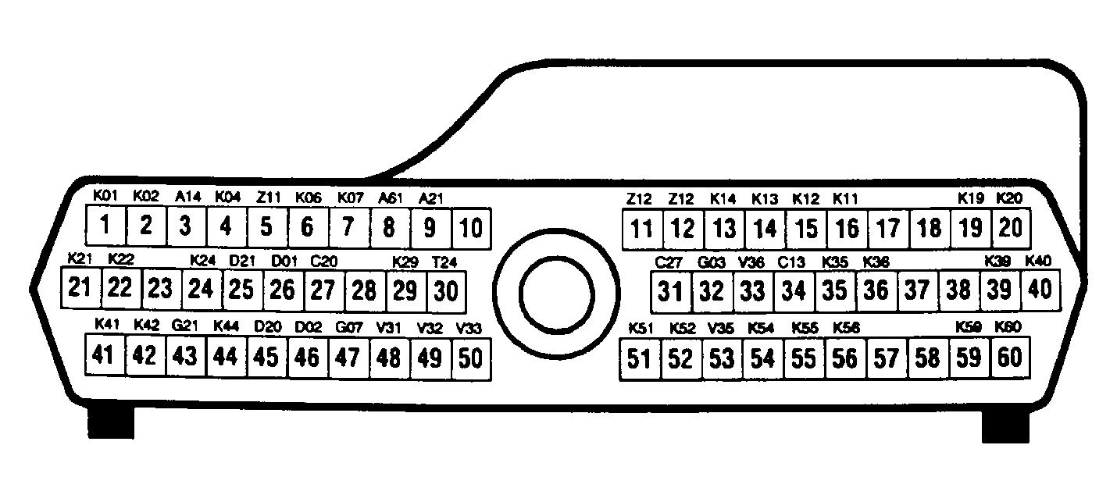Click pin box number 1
[104, 227]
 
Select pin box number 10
[471, 229]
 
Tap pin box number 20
[1010, 227]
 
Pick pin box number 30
[445, 290]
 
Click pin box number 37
[916, 291]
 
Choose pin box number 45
[266, 357]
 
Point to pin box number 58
[927, 358]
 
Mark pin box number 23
[160, 289]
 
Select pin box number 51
[640, 359]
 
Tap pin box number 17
[887, 229]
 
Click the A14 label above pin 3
[188, 197]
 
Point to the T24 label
[444, 262]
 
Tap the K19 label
[971, 198]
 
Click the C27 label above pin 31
[669, 262]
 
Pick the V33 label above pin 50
[469, 326]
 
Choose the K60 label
[1008, 326]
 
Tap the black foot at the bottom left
[109, 422]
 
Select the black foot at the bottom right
[1006, 424]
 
